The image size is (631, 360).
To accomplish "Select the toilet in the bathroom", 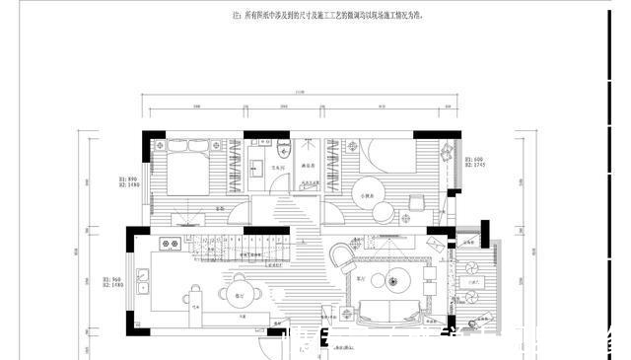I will point(283,150).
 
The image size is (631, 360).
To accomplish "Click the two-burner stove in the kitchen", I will point(188,242).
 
